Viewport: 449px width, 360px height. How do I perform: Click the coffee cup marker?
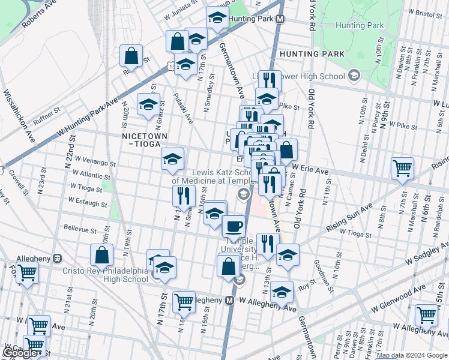click(x=234, y=227)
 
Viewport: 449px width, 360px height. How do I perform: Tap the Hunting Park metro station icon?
click(x=280, y=19)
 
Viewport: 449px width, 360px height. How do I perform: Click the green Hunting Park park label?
click(x=359, y=26)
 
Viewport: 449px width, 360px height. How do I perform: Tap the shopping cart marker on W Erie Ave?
click(x=402, y=169)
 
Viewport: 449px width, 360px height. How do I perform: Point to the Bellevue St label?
click(x=80, y=230)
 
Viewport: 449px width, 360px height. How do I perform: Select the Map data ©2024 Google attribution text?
click(x=412, y=356)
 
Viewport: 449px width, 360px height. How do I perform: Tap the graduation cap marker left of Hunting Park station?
click(x=217, y=17)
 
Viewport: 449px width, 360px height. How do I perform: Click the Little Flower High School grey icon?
click(x=354, y=76)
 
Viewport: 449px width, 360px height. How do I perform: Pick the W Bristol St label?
click(x=427, y=11)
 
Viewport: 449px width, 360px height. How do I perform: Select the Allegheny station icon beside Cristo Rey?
click(x=57, y=259)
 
